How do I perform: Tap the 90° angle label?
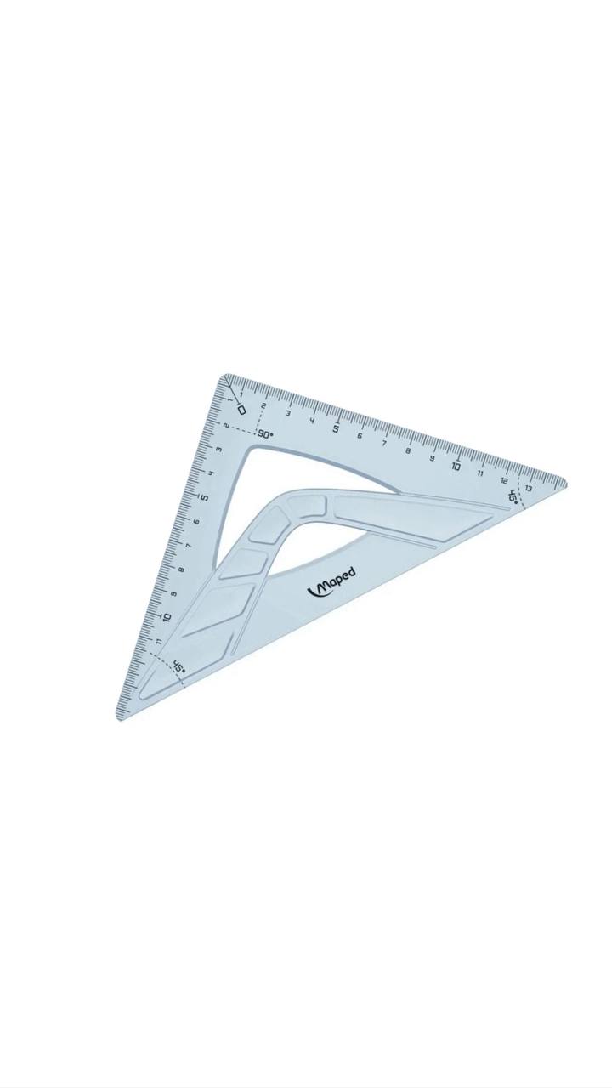pos(265,434)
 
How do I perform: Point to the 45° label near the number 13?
pos(512,496)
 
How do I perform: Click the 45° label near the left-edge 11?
pos(178,667)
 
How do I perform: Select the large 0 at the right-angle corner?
pos(241,410)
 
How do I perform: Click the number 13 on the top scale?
pos(528,488)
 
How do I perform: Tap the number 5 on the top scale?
pos(336,428)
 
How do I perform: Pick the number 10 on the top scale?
pos(456,466)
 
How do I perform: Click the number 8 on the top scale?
pos(408,450)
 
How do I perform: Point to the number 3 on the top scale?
pos(288,413)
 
